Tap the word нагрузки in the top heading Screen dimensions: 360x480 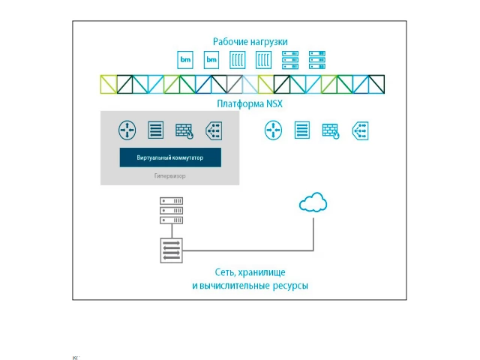click(x=268, y=41)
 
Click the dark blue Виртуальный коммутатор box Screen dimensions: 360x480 click(x=170, y=157)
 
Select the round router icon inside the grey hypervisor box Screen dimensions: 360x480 click(x=127, y=130)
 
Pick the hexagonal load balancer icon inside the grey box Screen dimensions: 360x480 click(x=212, y=130)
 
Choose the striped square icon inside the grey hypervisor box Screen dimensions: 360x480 click(x=156, y=130)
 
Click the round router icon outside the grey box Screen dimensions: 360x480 click(x=273, y=130)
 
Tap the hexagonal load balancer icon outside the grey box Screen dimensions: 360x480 click(x=359, y=130)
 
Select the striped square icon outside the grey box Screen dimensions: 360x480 click(x=301, y=130)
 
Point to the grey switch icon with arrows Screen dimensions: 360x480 click(x=171, y=250)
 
